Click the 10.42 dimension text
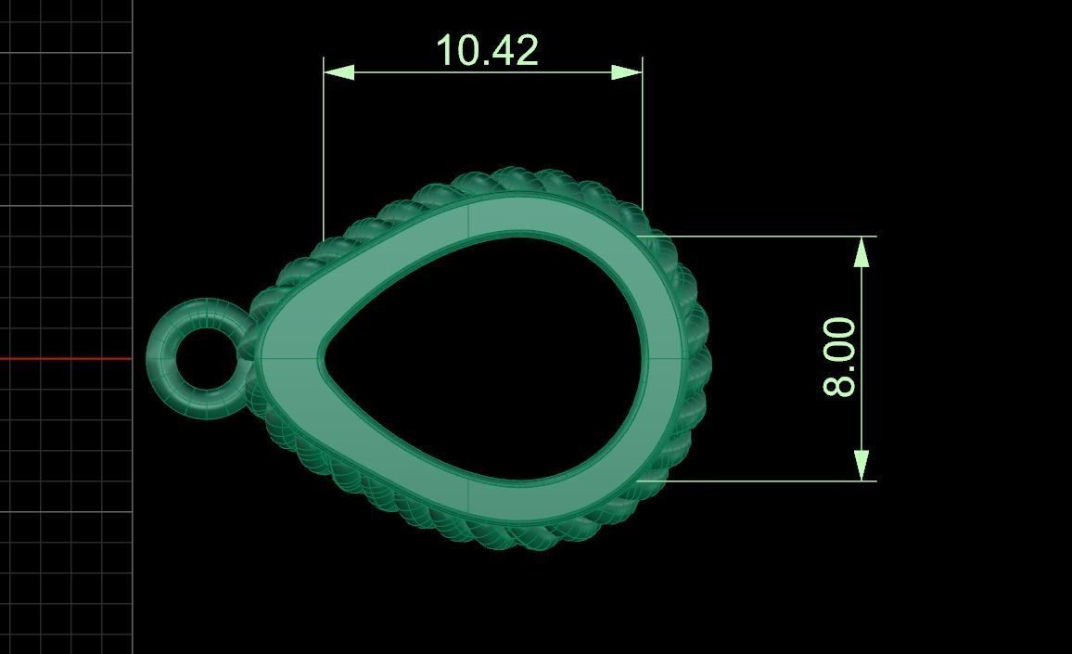[486, 50]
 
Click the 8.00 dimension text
[840, 356]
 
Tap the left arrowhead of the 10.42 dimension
[338, 71]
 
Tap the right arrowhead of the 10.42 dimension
[627, 71]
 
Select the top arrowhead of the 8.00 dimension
[862, 251]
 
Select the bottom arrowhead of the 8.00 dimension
[862, 466]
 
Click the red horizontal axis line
[65, 358]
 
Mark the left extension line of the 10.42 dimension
[324, 148]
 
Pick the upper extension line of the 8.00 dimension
[760, 237]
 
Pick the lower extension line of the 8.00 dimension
[760, 481]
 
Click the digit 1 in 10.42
[444, 50]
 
